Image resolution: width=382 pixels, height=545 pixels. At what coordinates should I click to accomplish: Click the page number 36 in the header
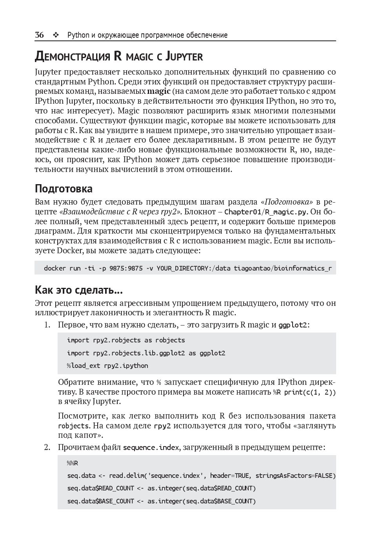(x=39, y=35)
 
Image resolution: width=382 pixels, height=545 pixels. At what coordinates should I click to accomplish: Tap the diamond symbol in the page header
(x=56, y=35)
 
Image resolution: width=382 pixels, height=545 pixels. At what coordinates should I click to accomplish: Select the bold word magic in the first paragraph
(x=159, y=91)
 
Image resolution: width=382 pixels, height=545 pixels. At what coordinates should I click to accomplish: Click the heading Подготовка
(x=64, y=189)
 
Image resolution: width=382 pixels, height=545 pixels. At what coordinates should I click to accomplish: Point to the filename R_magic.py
(x=286, y=212)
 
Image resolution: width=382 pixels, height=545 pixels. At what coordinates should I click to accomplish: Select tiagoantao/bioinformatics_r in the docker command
(x=282, y=269)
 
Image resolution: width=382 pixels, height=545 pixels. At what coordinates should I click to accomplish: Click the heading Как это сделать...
(x=78, y=290)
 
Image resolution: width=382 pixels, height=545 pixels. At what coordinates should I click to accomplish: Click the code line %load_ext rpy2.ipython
(x=107, y=366)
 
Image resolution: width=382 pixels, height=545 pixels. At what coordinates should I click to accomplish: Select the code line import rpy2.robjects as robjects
(x=126, y=340)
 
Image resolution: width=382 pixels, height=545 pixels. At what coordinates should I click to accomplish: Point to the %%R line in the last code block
(x=72, y=463)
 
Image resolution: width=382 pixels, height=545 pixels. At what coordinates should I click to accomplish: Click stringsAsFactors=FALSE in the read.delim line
(x=295, y=476)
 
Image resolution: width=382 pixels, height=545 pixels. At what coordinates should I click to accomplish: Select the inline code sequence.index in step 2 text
(x=151, y=448)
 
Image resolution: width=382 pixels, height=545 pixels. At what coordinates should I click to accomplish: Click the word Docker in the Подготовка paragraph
(x=70, y=251)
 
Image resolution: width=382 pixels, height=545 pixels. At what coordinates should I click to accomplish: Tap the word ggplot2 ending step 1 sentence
(x=293, y=325)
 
